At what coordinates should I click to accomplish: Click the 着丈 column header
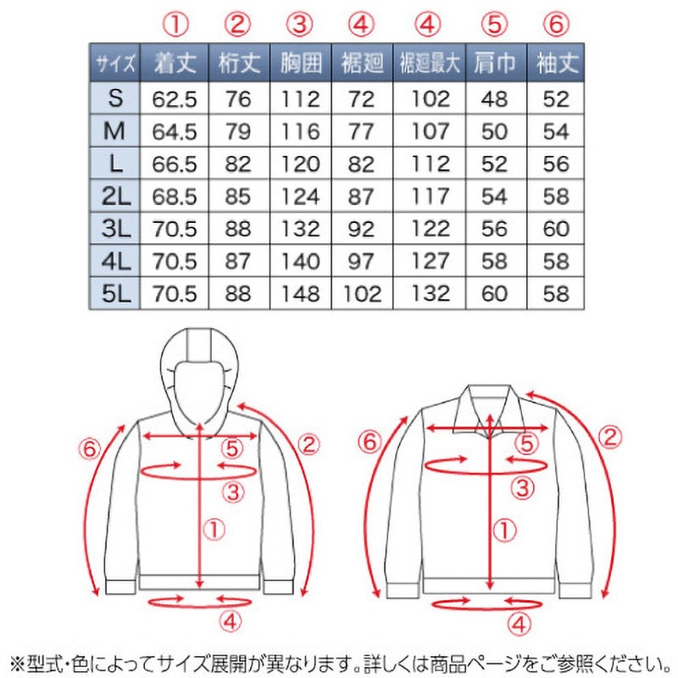tap(175, 63)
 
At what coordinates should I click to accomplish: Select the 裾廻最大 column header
tap(429, 63)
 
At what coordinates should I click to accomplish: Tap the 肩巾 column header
tap(496, 63)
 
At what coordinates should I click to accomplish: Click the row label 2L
tap(115, 197)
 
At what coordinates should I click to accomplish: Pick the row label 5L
tap(115, 293)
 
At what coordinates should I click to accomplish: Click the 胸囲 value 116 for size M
tap(301, 131)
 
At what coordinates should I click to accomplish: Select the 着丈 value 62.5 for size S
tap(175, 99)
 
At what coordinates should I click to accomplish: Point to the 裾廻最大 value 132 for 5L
tap(430, 293)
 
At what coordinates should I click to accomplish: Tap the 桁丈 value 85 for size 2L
tap(238, 197)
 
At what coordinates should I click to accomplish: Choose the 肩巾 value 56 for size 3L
tap(495, 229)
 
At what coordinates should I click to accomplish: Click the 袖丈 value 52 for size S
tap(556, 99)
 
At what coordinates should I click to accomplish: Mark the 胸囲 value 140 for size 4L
tap(301, 261)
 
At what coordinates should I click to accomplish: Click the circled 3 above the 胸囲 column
tap(300, 24)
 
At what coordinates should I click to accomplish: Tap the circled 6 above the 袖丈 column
tap(556, 24)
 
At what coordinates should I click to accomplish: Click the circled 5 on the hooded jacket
tap(232, 448)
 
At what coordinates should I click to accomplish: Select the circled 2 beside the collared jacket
tap(609, 437)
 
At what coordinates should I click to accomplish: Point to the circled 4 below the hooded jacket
tap(230, 622)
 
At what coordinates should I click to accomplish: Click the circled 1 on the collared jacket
tap(504, 531)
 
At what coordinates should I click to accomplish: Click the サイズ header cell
tap(115, 64)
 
